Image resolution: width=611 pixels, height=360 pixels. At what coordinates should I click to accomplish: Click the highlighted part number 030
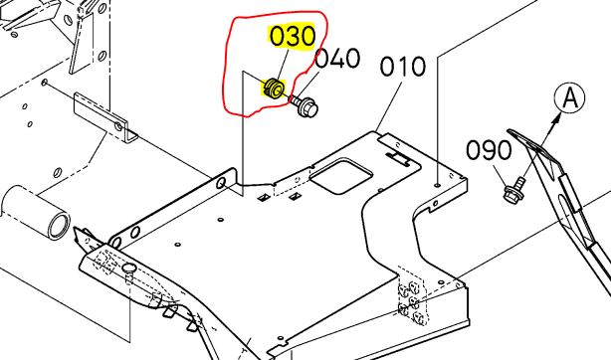293,37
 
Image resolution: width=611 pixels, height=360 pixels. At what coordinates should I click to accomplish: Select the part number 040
337,59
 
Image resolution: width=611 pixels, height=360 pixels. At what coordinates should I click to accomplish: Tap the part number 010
405,69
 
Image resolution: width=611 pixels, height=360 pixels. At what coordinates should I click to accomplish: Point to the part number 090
490,151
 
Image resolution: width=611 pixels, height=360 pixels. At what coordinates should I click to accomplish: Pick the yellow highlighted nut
273,90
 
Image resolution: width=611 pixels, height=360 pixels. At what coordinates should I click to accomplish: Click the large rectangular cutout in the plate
341,176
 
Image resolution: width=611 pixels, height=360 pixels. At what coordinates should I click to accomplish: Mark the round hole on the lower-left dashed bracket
126,270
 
